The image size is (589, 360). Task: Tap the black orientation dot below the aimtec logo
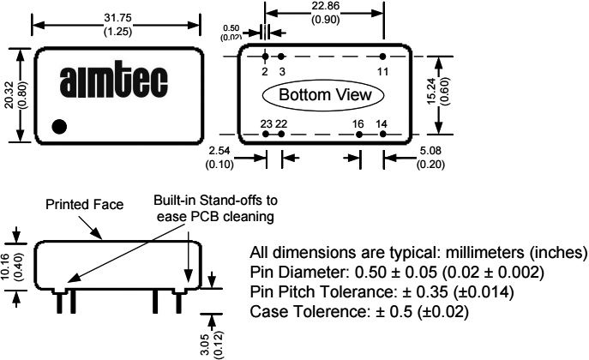coord(59,127)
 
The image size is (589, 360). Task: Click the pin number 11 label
coord(382,70)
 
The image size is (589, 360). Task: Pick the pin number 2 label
coord(266,70)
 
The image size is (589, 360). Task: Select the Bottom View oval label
coord(322,94)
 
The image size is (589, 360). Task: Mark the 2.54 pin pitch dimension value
coord(220,151)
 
